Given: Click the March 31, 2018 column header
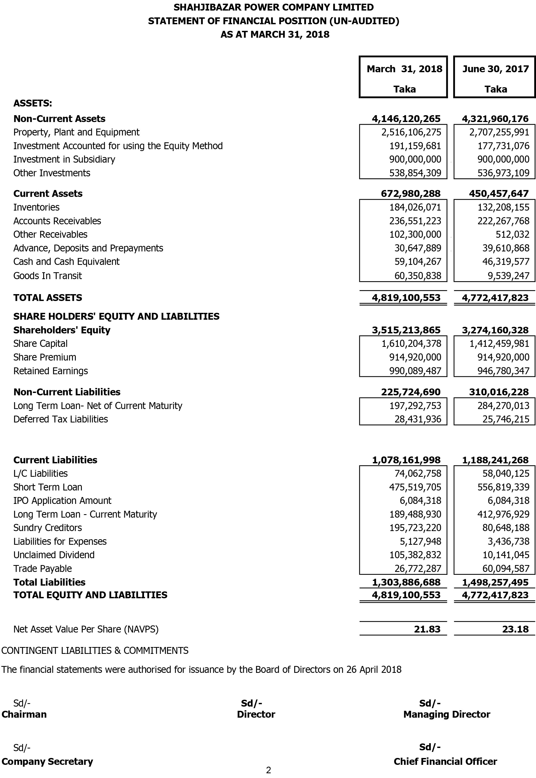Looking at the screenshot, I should click(x=404, y=69).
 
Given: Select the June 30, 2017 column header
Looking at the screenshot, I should click(x=495, y=69).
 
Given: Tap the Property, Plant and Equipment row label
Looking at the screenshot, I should click(x=76, y=132).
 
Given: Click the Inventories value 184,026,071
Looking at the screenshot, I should click(x=415, y=207).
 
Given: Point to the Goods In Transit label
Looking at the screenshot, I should click(x=47, y=276).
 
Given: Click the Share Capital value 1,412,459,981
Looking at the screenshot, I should click(x=503, y=343).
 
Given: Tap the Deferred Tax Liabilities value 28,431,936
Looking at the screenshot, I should click(x=418, y=419).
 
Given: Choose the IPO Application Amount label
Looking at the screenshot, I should click(x=62, y=501).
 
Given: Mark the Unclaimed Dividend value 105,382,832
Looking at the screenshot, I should click(x=415, y=555).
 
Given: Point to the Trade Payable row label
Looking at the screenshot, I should click(x=42, y=568).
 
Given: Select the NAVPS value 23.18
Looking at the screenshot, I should click(x=515, y=629).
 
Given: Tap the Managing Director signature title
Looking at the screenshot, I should click(x=447, y=714).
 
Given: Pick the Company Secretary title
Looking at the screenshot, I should click(x=47, y=761).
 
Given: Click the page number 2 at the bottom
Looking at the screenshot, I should click(x=268, y=770).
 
